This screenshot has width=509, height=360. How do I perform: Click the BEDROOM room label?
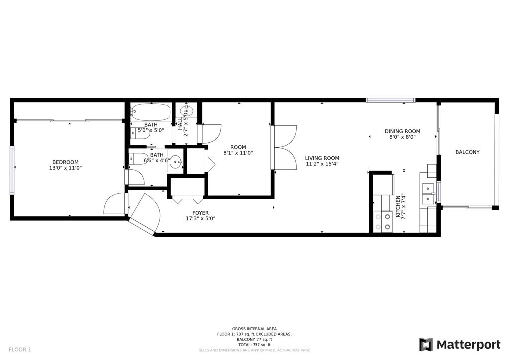65,162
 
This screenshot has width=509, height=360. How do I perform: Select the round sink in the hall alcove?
188,110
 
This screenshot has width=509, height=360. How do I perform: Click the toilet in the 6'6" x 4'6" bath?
138,159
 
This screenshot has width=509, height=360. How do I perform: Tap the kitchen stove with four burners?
383,222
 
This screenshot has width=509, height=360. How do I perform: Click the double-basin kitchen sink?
428,194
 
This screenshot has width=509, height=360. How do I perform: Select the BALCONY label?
467,152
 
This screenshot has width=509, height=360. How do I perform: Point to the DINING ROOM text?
402,131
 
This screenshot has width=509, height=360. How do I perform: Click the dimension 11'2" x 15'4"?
322,164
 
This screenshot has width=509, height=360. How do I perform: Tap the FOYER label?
200,213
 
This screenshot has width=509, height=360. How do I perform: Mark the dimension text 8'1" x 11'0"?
238,153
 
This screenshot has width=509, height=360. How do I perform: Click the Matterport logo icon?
425,345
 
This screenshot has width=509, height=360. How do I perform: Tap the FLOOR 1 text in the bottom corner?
20,349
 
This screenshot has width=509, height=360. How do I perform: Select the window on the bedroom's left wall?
12,170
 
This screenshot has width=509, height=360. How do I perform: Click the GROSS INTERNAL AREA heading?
254,329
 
